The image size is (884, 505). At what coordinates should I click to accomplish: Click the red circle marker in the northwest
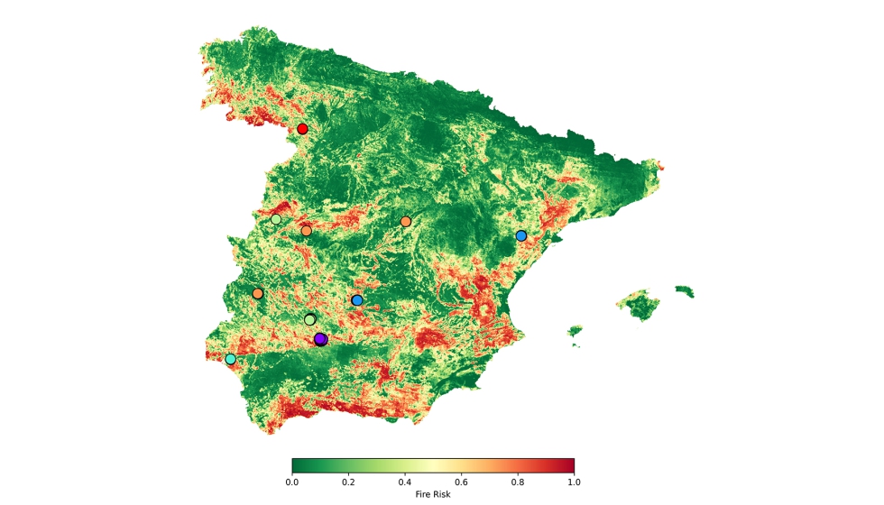[x=302, y=129]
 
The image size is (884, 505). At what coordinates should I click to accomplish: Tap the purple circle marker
[x=320, y=339]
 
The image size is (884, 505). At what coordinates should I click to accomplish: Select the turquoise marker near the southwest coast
[x=231, y=359]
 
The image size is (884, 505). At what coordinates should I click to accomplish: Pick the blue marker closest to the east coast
[x=521, y=235]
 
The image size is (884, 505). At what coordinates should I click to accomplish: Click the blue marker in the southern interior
[x=357, y=300]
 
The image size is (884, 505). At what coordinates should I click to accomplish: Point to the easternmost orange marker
[x=406, y=221]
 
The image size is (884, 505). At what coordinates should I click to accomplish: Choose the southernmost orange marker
[x=258, y=293]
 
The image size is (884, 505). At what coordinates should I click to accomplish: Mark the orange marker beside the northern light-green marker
[x=307, y=231]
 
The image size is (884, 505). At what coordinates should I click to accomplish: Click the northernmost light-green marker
[x=276, y=219]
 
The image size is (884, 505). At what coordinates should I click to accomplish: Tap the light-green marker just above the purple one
[x=310, y=319]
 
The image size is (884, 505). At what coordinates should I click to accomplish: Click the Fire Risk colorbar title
[x=433, y=494]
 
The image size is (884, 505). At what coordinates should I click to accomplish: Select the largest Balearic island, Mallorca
[x=641, y=305]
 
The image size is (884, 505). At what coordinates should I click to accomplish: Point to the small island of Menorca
[x=685, y=291]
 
